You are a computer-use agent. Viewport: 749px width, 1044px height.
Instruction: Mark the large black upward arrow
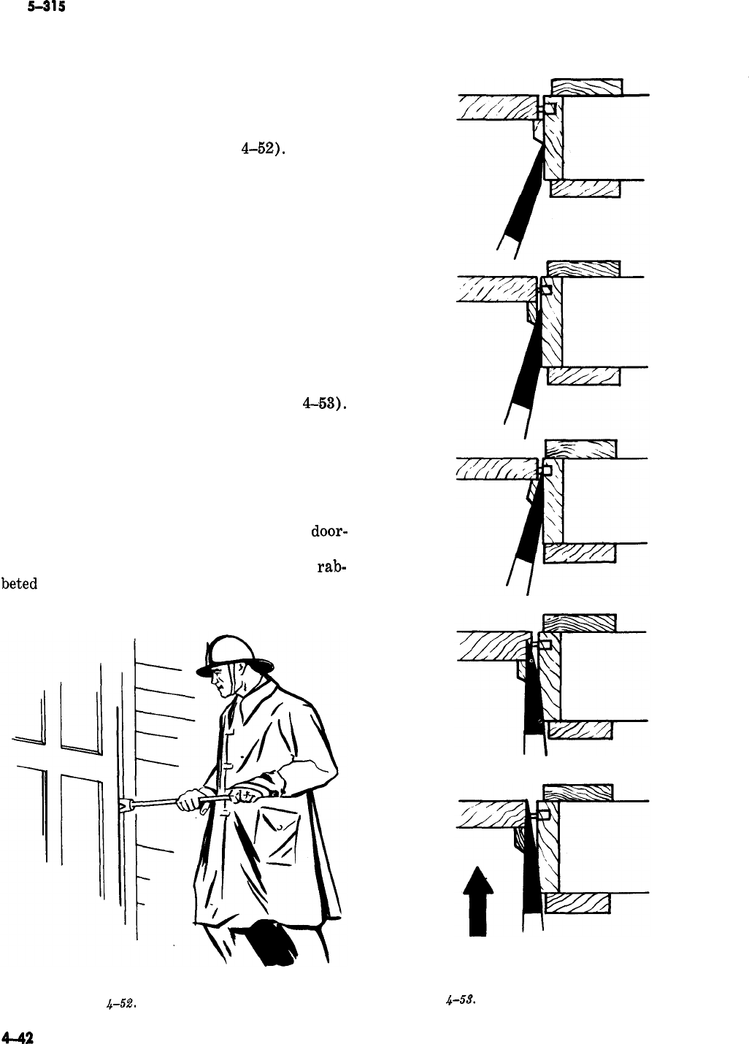[x=476, y=901]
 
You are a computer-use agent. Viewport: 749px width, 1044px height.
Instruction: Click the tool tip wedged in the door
[x=123, y=805]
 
